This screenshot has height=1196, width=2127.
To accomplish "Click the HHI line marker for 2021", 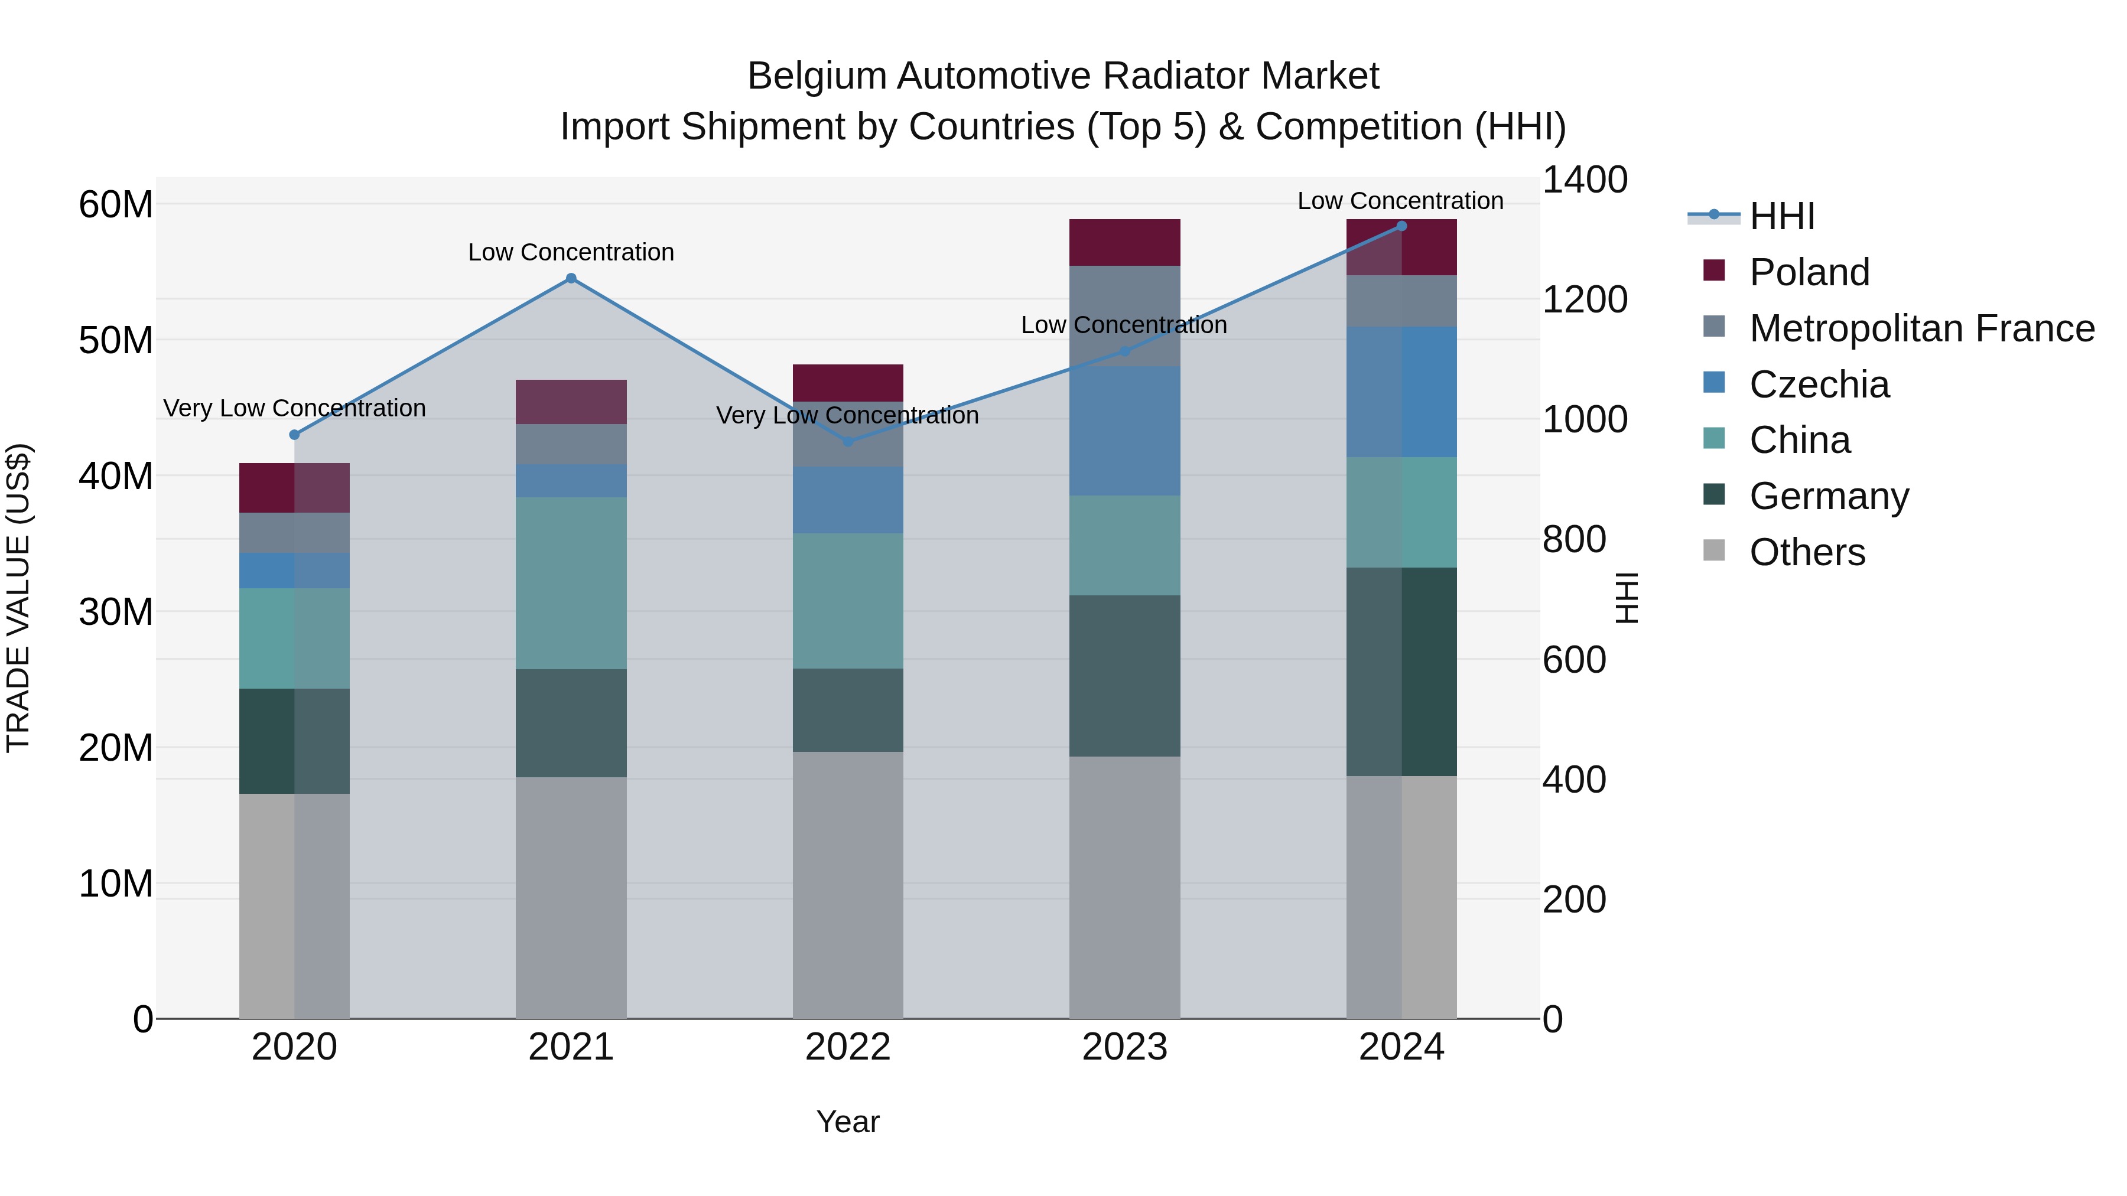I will point(571,278).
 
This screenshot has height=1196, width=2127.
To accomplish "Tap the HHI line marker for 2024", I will point(1401,226).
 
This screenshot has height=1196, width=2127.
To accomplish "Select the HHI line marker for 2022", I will point(848,442).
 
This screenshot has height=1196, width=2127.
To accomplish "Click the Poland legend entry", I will point(1809,272).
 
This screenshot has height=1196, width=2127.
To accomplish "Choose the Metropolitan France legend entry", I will point(1921,328).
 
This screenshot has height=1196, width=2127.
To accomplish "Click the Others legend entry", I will point(1807,552).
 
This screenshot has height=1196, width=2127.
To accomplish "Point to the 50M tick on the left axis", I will point(116,340).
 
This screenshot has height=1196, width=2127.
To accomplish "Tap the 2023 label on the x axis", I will point(1124,1047).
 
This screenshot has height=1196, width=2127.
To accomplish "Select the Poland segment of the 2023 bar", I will point(1124,243).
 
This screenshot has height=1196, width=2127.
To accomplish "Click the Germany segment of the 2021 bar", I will point(571,723).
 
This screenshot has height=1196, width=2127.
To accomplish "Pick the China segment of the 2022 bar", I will point(848,601).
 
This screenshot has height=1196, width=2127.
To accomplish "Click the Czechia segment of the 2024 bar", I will point(1401,392).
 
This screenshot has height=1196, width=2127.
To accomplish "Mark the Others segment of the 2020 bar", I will point(294,906).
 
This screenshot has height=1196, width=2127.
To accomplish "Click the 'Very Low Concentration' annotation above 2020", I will point(294,409).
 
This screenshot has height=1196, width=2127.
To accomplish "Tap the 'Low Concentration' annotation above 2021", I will point(571,253).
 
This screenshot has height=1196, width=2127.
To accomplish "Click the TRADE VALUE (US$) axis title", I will point(18,598).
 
